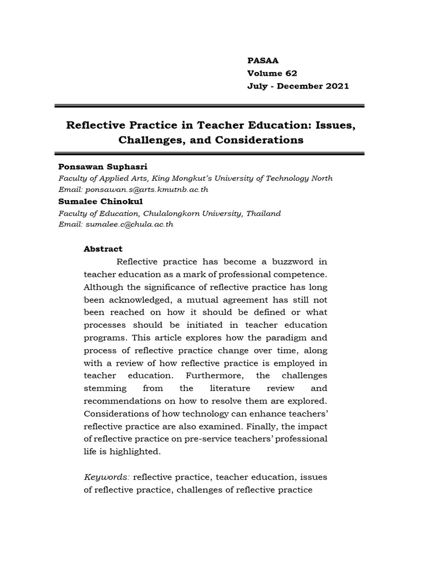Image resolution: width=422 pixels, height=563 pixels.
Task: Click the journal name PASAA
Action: coord(263,60)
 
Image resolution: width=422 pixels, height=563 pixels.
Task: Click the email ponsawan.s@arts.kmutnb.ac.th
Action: coord(146,189)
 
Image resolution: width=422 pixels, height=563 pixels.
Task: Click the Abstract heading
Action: coord(103,249)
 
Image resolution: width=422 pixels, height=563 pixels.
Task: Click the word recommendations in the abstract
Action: coord(121,401)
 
